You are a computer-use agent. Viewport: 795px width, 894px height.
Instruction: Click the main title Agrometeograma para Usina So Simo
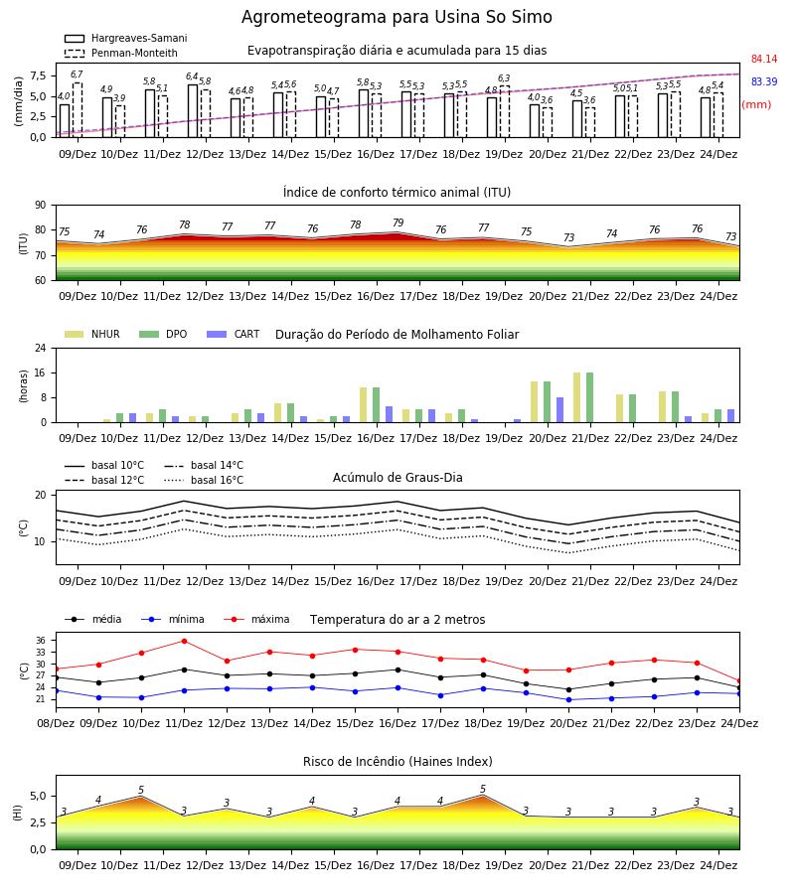point(397,17)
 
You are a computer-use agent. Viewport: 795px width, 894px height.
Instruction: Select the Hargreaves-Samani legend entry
point(126,38)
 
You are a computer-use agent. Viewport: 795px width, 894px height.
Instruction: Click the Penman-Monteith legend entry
point(121,53)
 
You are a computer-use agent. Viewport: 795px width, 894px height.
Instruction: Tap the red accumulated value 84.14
point(764,59)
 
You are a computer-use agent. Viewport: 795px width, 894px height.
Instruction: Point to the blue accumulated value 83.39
point(764,81)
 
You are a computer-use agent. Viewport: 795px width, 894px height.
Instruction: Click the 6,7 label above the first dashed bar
point(77,74)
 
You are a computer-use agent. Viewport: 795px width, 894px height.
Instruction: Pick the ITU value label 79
point(398,223)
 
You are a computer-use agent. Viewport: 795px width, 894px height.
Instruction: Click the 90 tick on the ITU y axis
point(41,206)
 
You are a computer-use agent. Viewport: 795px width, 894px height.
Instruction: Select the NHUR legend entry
point(92,334)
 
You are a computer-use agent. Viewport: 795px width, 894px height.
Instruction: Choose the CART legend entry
point(234,334)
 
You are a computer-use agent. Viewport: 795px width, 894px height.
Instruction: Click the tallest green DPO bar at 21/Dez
point(589,397)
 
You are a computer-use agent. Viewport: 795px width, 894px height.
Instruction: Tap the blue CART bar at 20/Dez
point(560,410)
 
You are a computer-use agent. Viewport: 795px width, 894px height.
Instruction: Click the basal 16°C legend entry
point(204,480)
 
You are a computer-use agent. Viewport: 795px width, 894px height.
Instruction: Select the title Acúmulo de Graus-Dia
point(397,478)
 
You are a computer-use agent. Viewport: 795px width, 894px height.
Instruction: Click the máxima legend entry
point(256,619)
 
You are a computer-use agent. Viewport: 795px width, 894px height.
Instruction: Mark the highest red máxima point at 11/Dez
point(184,641)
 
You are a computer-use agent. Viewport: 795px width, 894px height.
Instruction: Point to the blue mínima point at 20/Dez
point(568,699)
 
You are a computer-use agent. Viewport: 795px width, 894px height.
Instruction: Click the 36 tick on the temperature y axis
point(41,641)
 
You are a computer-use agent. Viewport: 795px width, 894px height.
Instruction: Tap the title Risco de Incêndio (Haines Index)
point(397,762)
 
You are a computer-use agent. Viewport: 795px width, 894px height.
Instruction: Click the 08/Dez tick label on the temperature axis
point(56,723)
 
